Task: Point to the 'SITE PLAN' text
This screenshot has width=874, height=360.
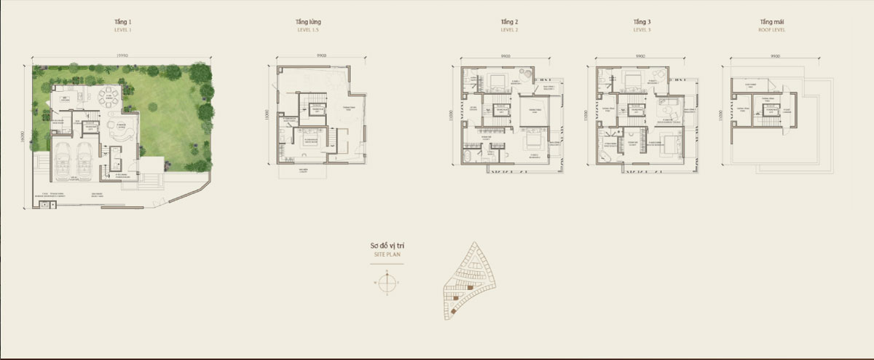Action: pyautogui.click(x=389, y=256)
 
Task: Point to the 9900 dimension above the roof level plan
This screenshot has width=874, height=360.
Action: pyautogui.click(x=775, y=55)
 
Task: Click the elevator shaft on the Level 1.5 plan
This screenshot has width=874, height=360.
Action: pyautogui.click(x=317, y=109)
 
